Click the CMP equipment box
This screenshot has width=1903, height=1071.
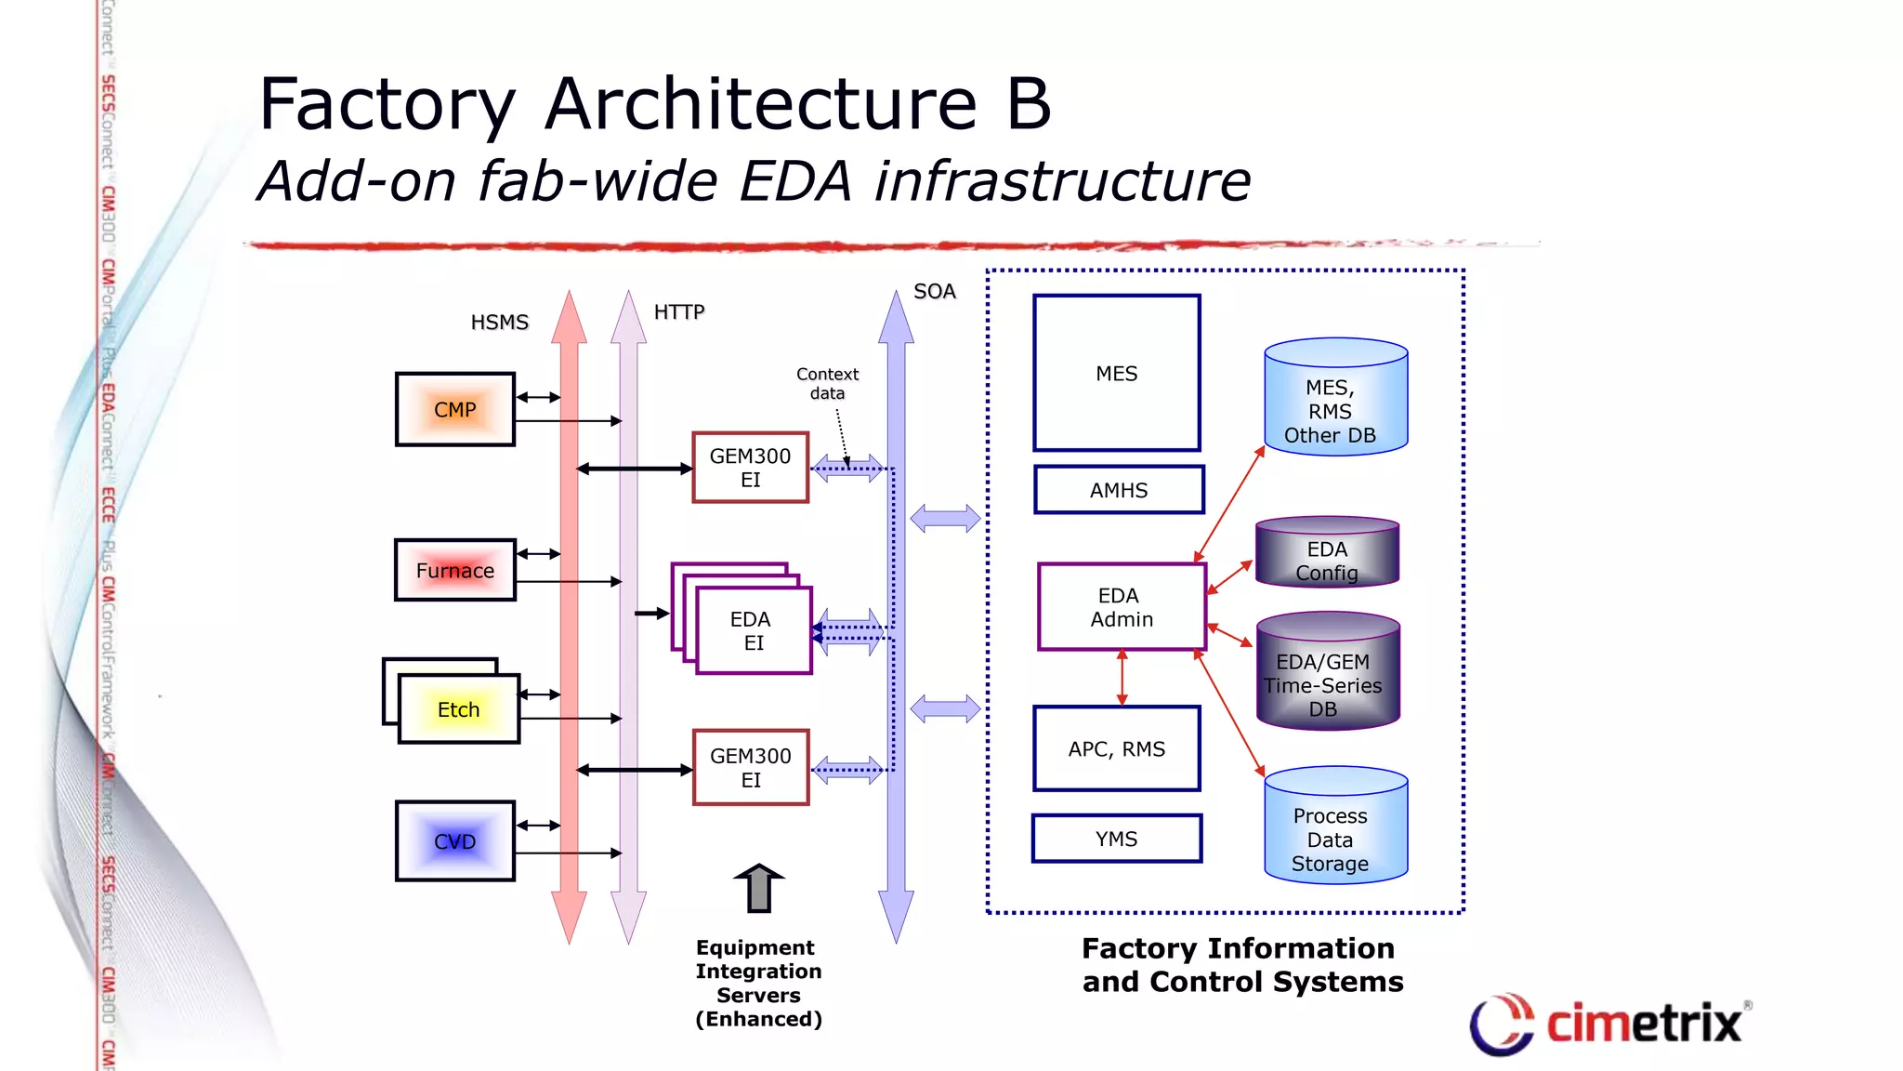tap(454, 410)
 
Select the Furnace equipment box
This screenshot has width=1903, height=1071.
tap(454, 570)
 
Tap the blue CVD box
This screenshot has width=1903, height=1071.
tap(454, 841)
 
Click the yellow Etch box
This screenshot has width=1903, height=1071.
tap(459, 709)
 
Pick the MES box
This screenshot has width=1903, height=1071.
tap(1116, 373)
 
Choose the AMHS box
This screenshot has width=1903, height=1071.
tap(1119, 490)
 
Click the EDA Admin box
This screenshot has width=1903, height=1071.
tap(1122, 607)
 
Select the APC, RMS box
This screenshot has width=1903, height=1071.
tap(1116, 748)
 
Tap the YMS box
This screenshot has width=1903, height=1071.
tap(1116, 839)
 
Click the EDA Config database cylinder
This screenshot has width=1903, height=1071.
tap(1327, 553)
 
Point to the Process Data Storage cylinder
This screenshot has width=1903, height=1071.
tap(1335, 827)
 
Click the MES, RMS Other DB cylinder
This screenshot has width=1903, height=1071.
tap(1335, 400)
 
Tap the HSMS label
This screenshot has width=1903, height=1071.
tap(499, 323)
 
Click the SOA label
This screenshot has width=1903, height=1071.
tap(934, 292)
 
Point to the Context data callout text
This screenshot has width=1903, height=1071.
tap(827, 383)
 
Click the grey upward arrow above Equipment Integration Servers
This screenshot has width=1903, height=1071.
tap(759, 887)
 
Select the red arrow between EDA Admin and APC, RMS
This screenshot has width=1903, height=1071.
tap(1122, 678)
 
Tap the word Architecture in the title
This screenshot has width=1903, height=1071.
tap(761, 104)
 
